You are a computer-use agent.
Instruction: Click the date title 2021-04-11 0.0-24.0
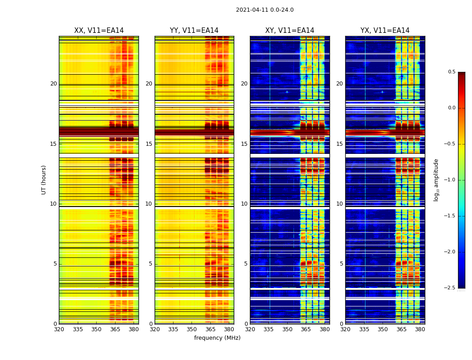pyautogui.click(x=265, y=10)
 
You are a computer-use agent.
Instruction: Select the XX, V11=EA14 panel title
pyautogui.click(x=99, y=31)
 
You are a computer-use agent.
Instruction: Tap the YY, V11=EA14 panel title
pyautogui.click(x=194, y=31)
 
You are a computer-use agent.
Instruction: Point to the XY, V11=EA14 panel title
pyautogui.click(x=289, y=31)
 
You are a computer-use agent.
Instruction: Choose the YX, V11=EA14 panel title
pyautogui.click(x=385, y=31)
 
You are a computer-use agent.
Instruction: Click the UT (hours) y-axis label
pyautogui.click(x=44, y=180)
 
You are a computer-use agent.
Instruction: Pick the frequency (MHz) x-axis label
pyautogui.click(x=217, y=338)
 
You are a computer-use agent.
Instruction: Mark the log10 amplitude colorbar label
pyautogui.click(x=436, y=180)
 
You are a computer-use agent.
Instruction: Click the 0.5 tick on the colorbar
pyautogui.click(x=451, y=72)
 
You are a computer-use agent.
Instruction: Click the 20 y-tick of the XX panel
pyautogui.click(x=53, y=84)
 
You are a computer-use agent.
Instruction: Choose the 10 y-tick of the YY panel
pyautogui.click(x=149, y=204)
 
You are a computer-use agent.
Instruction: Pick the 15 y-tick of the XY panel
pyautogui.click(x=244, y=144)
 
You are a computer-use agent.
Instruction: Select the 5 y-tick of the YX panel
pyautogui.click(x=341, y=264)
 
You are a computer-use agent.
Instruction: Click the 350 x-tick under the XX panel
pyautogui.click(x=96, y=329)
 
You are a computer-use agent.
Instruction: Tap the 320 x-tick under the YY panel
pyautogui.click(x=155, y=329)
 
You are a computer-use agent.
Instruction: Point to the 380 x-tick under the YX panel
pyautogui.click(x=420, y=329)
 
